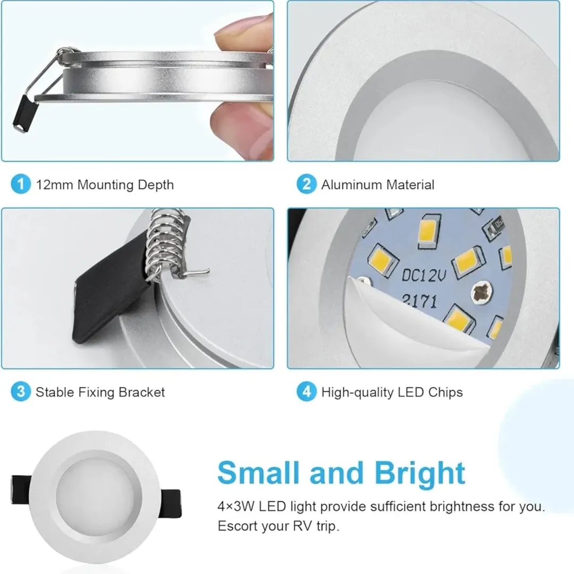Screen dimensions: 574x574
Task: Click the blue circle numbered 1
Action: click(21, 184)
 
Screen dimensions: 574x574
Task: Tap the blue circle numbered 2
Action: click(307, 184)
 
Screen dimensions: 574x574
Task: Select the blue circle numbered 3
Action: click(21, 391)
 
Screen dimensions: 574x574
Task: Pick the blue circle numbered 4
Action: click(307, 391)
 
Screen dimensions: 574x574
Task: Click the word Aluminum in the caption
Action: click(352, 184)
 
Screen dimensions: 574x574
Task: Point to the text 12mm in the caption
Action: click(54, 184)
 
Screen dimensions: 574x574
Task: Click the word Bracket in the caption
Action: click(142, 392)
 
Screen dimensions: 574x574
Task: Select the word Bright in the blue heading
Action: click(420, 474)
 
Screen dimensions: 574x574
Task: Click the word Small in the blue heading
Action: click(258, 472)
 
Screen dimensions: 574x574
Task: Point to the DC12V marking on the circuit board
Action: click(424, 275)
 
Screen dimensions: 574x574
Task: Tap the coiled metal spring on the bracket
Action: click(164, 245)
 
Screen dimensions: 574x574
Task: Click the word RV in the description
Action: click(302, 526)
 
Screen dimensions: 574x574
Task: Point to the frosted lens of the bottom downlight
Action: click(95, 494)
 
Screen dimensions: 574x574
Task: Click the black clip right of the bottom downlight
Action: click(171, 504)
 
